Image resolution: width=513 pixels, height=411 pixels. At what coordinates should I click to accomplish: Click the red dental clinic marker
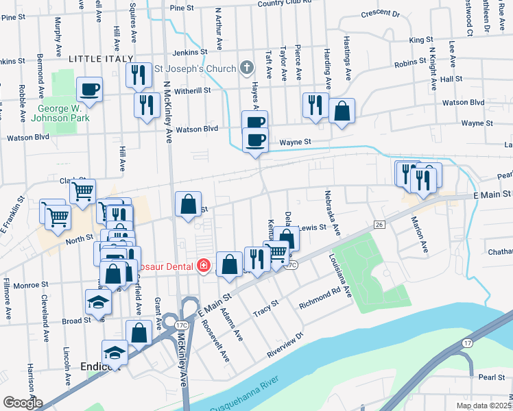[x=203, y=265]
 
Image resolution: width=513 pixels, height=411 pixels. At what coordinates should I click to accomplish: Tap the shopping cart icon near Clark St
[x=83, y=191]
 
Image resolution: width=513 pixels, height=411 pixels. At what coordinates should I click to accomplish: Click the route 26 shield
[x=378, y=225]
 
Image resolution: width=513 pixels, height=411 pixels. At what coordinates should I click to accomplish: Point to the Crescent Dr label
[x=379, y=13]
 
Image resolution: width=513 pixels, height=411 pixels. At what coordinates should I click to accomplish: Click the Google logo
[x=23, y=402]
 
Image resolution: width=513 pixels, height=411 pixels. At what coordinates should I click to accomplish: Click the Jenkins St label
[x=189, y=52]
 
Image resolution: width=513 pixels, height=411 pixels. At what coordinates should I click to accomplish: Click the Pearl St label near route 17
[x=492, y=377]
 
